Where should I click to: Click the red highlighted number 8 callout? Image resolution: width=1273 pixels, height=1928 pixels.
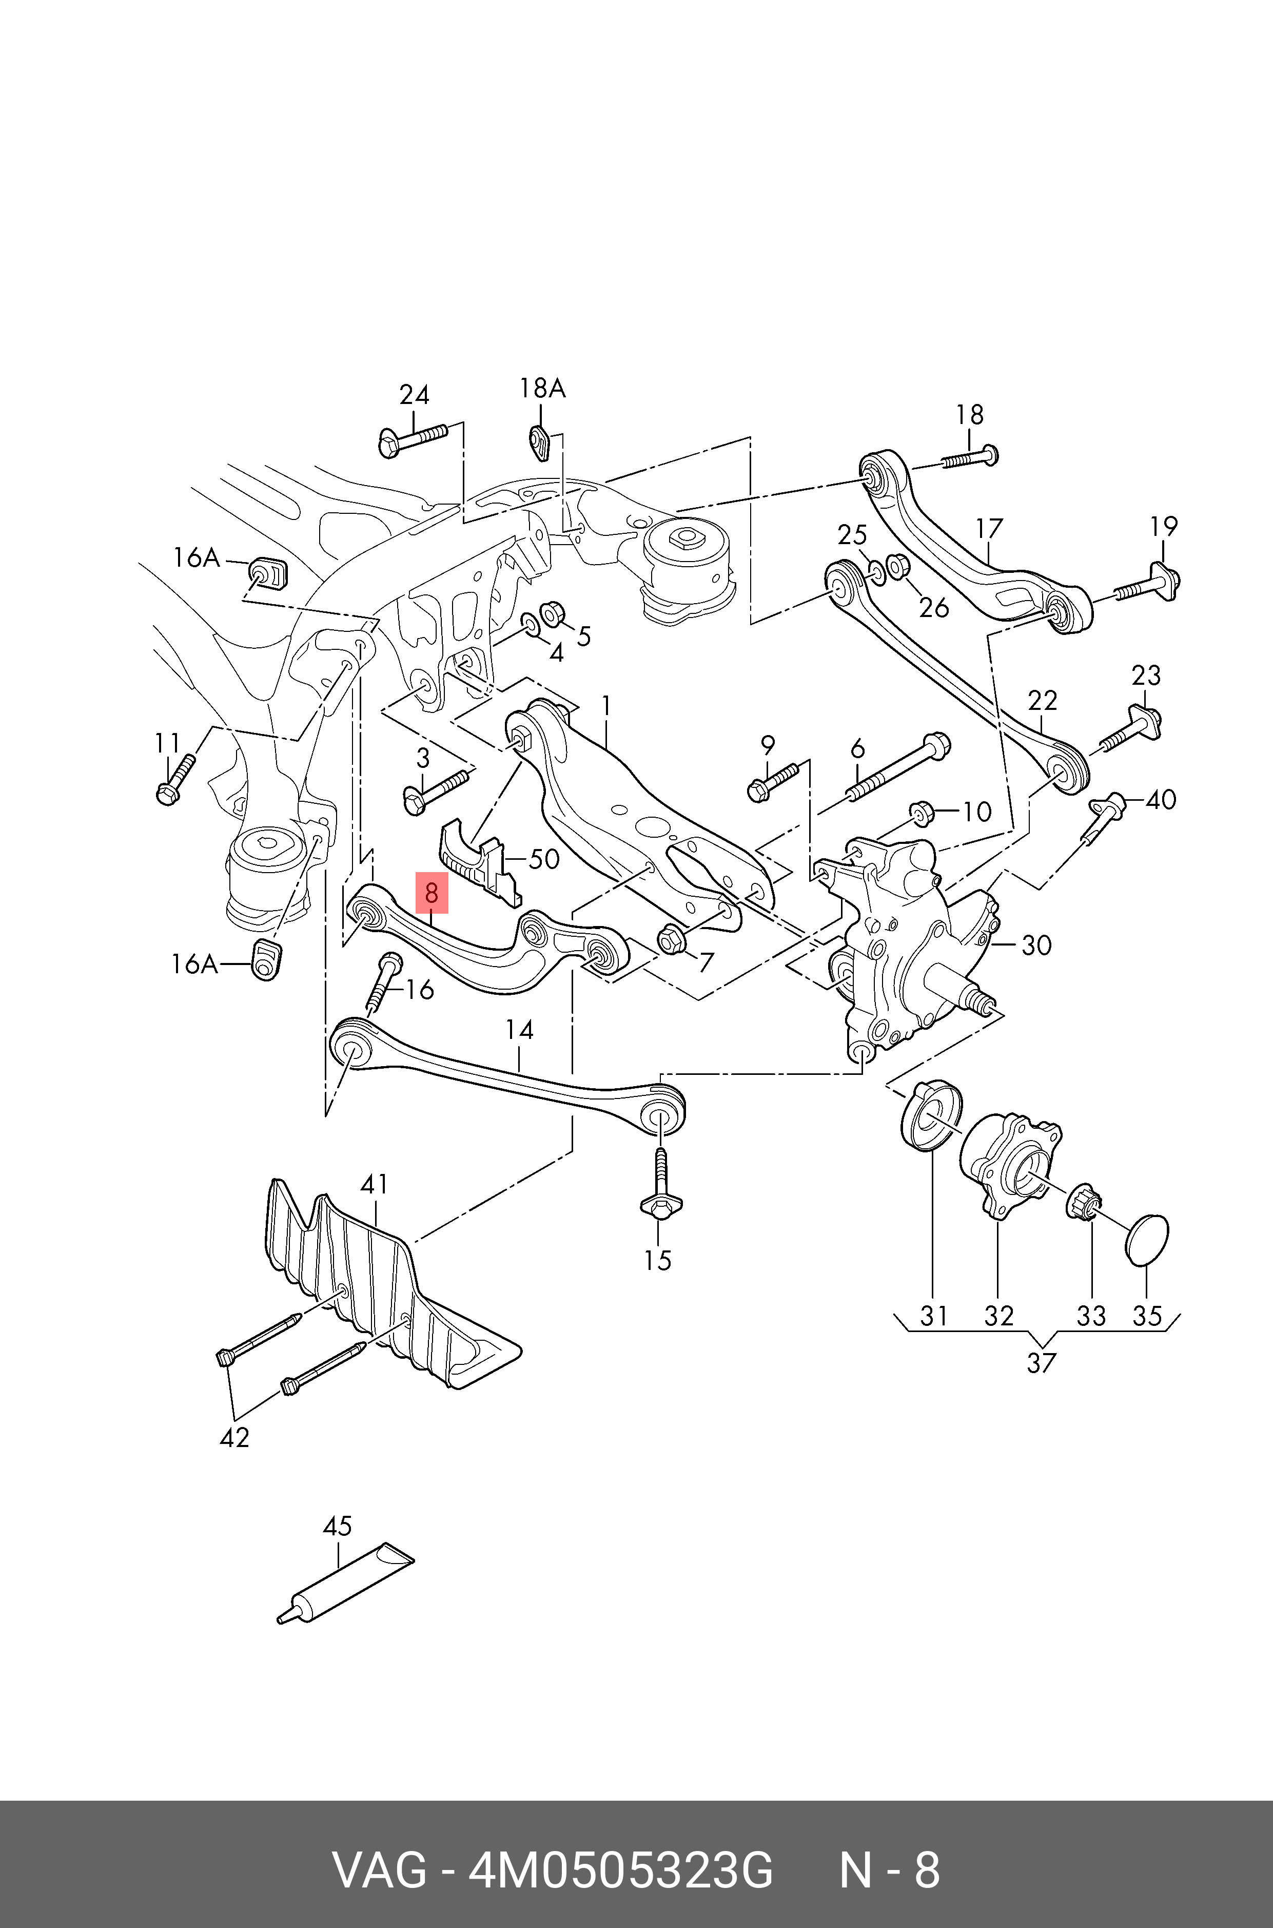tap(431, 893)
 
